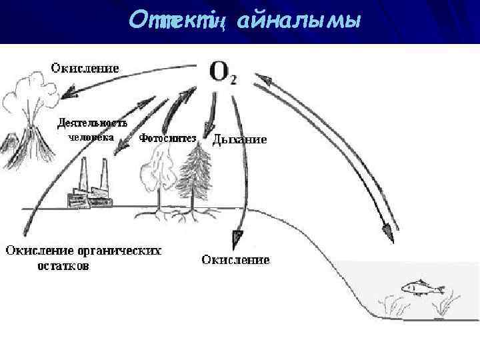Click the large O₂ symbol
(x=222, y=71)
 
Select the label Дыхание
(x=239, y=140)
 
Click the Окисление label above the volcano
(x=85, y=67)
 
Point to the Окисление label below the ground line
(x=235, y=259)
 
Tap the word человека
(x=91, y=137)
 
